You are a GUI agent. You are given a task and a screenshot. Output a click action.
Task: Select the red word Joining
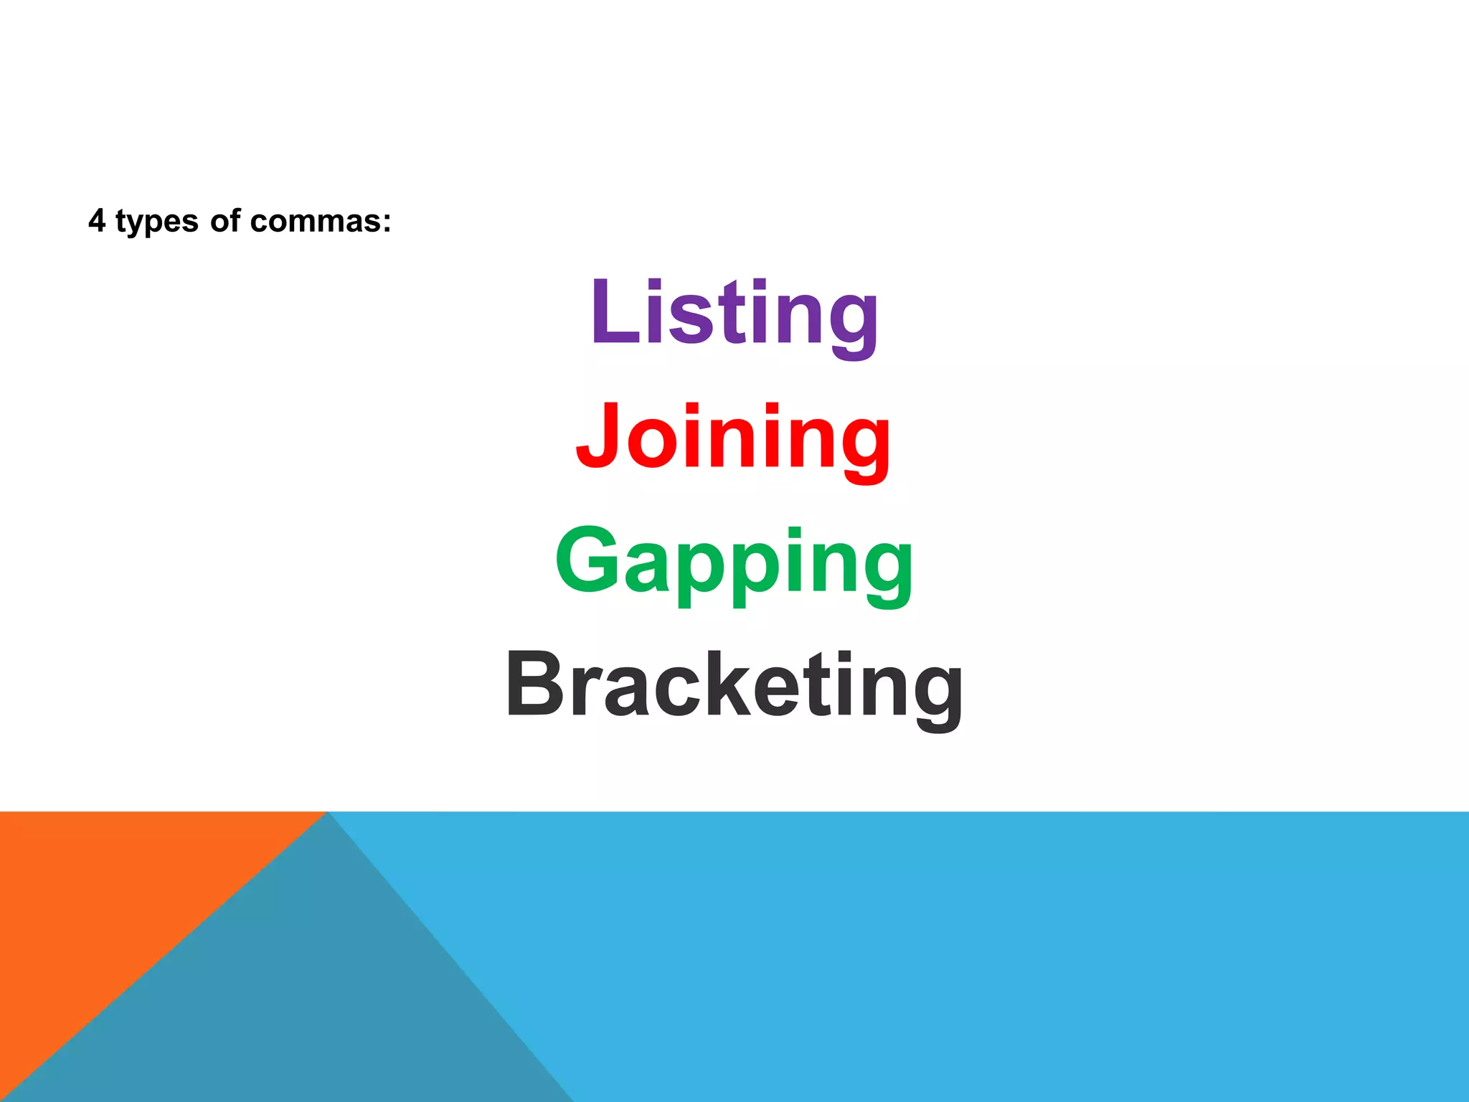[733, 438]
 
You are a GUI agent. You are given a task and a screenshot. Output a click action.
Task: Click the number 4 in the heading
[97, 221]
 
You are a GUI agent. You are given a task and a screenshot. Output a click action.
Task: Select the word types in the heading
[156, 222]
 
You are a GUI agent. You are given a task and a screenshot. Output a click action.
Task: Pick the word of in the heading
[225, 221]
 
